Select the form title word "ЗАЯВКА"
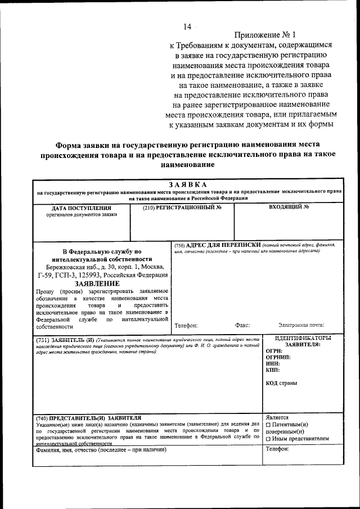point(187,184)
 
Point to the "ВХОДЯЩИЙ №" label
point(289,207)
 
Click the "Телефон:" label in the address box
point(186,325)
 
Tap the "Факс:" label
point(243,325)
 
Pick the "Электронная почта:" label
point(301,325)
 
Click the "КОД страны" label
point(282,384)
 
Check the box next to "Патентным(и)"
point(268,425)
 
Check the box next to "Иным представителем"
point(268,439)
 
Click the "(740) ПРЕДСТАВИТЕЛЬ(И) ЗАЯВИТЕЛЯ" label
point(87,418)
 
